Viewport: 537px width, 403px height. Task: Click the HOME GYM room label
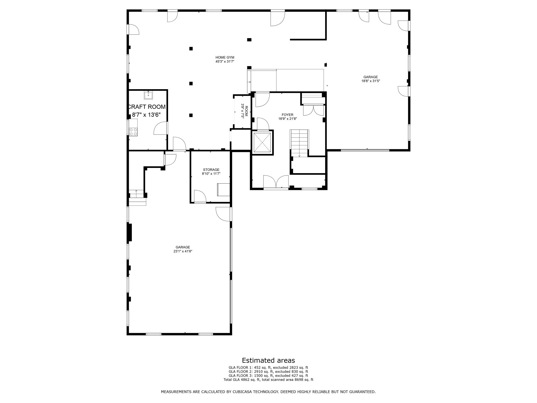[225, 59]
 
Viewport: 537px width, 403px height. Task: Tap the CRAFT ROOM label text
[147, 111]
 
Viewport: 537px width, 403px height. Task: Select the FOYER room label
[287, 117]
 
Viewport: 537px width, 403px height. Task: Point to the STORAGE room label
[211, 172]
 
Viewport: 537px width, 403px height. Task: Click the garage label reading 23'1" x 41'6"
[183, 249]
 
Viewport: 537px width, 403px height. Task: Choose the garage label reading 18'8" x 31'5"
[370, 79]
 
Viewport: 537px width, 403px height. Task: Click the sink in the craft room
[148, 95]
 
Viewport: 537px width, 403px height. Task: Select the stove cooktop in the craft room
[133, 131]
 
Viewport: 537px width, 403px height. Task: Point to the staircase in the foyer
[299, 143]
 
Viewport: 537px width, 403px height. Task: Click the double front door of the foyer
[276, 182]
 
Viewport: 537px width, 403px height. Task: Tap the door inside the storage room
[200, 196]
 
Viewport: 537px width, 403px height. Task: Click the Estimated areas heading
[268, 360]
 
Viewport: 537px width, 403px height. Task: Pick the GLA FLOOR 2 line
[268, 372]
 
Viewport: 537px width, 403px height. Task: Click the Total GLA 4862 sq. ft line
[268, 379]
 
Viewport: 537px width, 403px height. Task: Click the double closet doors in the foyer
[313, 110]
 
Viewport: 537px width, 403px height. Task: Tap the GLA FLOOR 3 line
[268, 375]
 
